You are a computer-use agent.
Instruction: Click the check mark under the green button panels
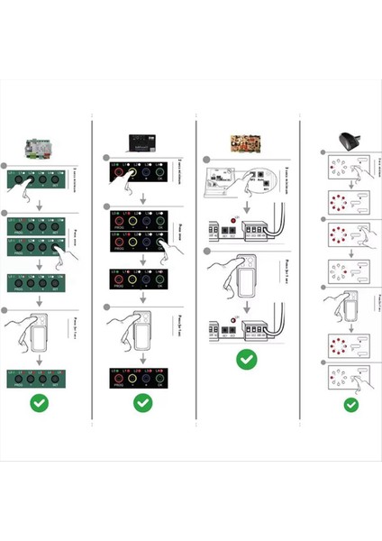(x=40, y=403)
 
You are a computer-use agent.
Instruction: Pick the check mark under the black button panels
(x=142, y=403)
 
